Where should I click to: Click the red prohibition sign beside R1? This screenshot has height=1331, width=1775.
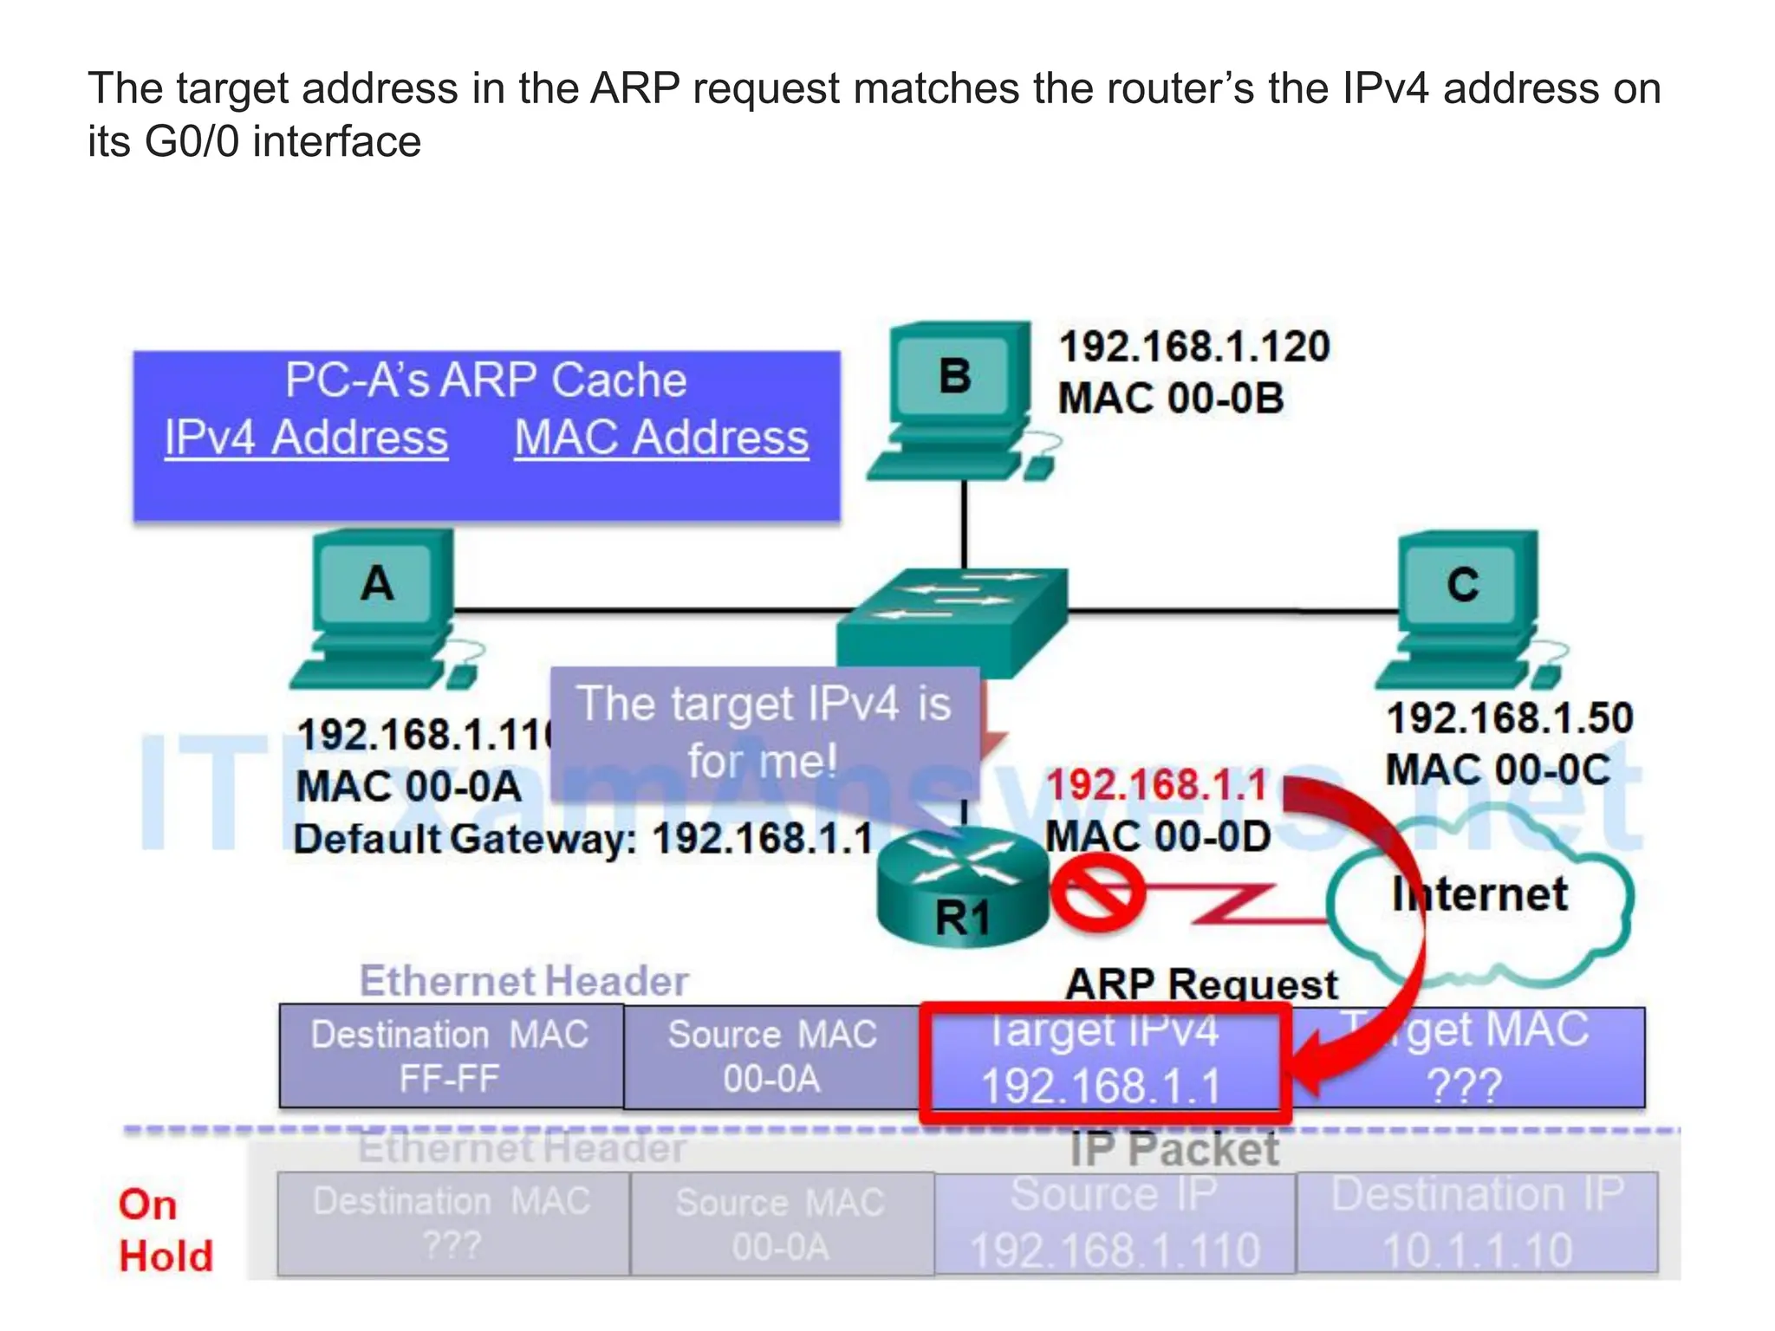point(1097,893)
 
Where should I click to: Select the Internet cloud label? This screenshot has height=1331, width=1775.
point(1479,894)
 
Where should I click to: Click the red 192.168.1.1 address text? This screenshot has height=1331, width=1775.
point(1157,785)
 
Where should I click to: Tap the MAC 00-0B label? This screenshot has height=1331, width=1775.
point(1170,399)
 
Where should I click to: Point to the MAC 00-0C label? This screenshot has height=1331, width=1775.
point(1498,769)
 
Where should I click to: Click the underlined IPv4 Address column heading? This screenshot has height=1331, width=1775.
point(306,438)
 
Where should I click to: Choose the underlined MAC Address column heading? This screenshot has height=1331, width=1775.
point(661,438)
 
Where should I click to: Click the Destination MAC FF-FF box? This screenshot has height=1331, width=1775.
point(451,1056)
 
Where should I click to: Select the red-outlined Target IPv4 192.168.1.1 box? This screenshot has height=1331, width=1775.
point(1103,1062)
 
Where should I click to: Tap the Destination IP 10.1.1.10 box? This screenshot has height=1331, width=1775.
point(1477,1223)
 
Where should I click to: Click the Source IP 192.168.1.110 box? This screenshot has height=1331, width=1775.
point(1115,1223)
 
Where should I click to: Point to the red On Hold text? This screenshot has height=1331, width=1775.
point(165,1230)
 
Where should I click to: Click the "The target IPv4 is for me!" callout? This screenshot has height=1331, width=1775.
point(764,732)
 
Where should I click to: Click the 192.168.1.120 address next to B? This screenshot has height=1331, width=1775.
point(1194,347)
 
